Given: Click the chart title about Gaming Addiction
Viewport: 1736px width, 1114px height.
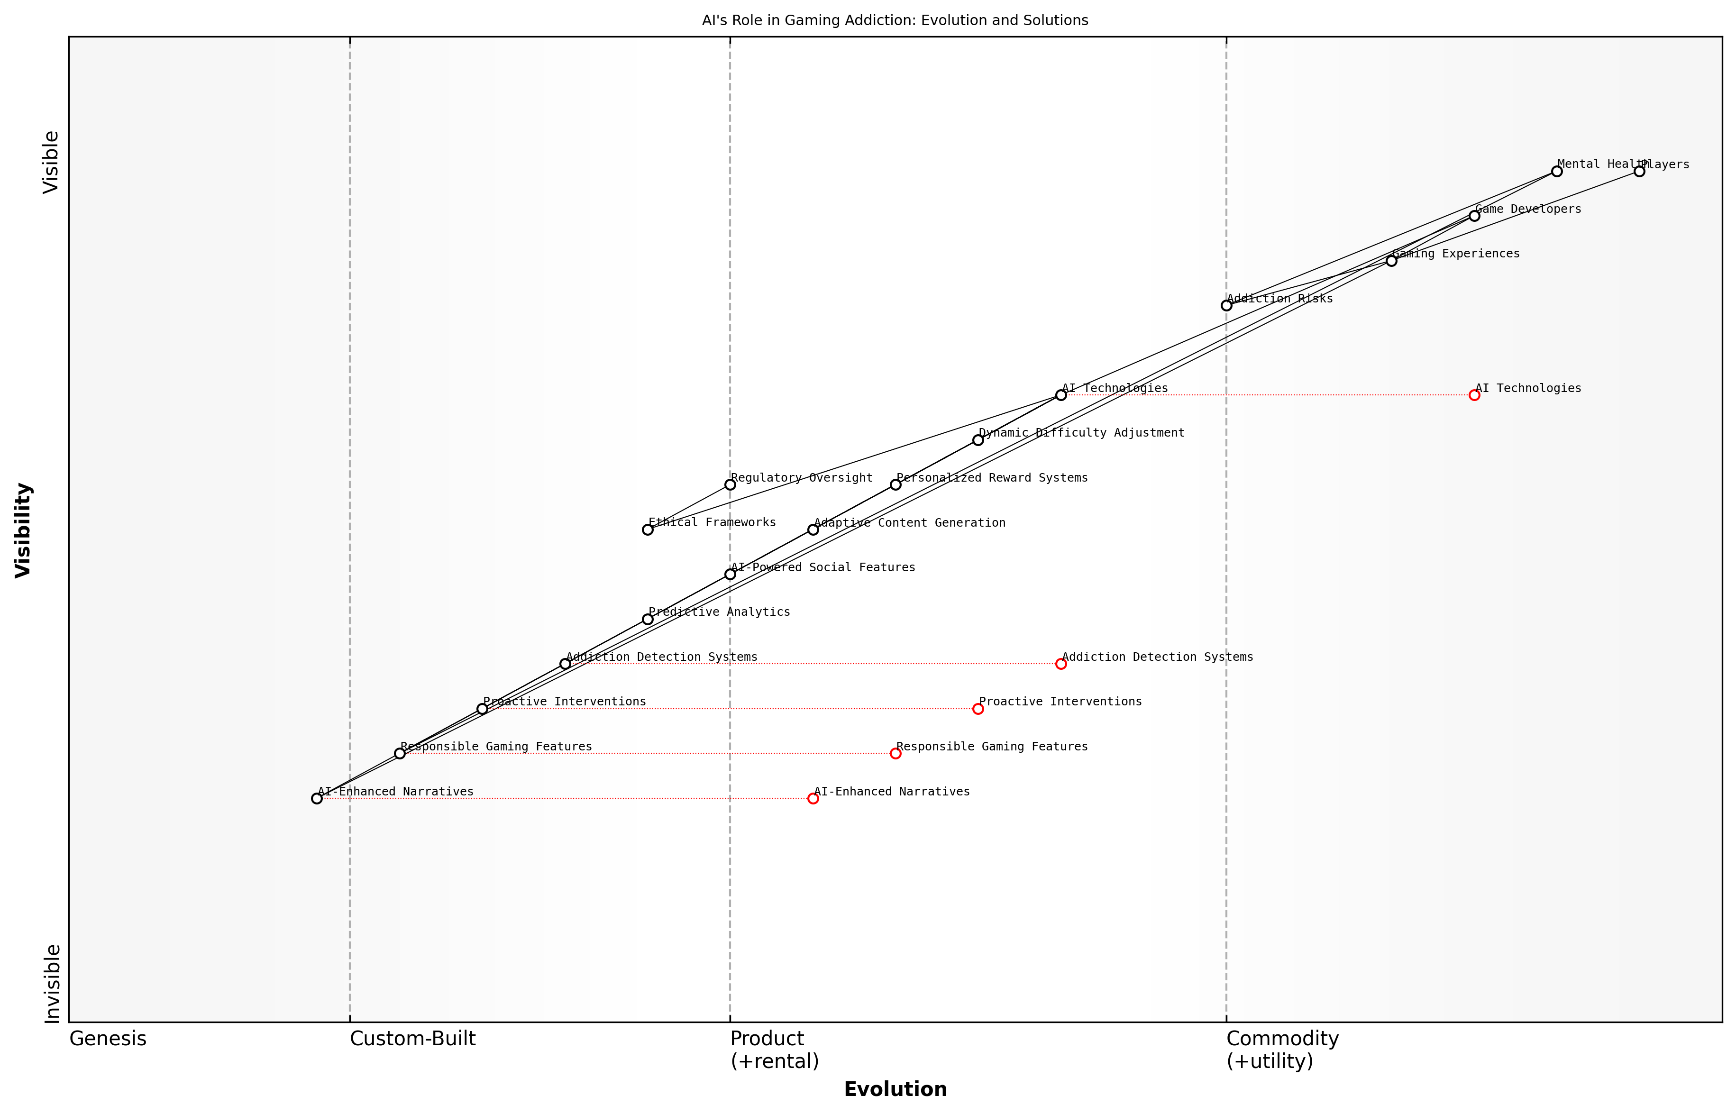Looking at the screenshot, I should [x=895, y=20].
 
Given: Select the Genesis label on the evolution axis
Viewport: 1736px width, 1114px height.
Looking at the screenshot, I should [x=108, y=1039].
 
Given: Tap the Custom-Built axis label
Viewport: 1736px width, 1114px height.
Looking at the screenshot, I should [x=412, y=1039].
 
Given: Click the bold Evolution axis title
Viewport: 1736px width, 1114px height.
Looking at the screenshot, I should [x=895, y=1089].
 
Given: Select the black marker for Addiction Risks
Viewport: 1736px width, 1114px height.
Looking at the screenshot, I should [x=1226, y=305].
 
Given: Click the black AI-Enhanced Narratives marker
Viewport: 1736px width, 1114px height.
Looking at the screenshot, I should [x=317, y=799].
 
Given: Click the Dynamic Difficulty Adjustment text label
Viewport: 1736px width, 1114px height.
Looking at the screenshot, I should [x=1081, y=433].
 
